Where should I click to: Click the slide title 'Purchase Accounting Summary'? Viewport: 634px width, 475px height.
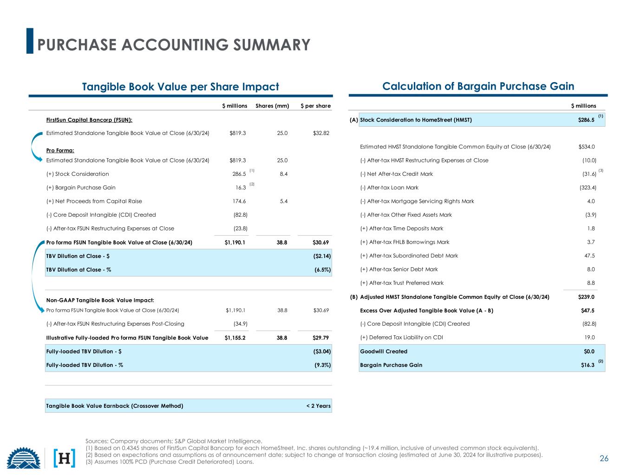pos(174,45)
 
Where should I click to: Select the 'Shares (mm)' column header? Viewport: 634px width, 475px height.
pos(272,106)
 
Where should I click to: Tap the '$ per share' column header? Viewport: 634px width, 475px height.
pos(315,106)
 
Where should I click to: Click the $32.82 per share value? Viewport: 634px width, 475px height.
pos(321,133)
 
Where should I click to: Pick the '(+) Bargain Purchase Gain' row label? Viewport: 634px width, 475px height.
pos(81,188)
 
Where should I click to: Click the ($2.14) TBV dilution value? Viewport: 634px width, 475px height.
pos(322,256)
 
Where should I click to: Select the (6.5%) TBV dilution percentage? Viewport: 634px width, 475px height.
pos(322,270)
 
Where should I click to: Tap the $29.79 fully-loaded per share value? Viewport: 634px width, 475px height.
pos(321,338)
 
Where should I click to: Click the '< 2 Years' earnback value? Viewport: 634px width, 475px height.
pos(318,406)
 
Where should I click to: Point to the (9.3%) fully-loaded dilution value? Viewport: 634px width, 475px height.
pos(322,365)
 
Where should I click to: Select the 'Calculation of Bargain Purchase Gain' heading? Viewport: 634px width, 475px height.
pos(478,86)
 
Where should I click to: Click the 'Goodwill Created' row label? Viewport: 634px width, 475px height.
pos(384,352)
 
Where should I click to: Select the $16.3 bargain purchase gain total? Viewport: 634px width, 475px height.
pos(588,365)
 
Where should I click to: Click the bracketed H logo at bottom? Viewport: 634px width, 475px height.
pos(65,458)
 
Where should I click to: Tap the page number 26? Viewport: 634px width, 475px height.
pos(604,459)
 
